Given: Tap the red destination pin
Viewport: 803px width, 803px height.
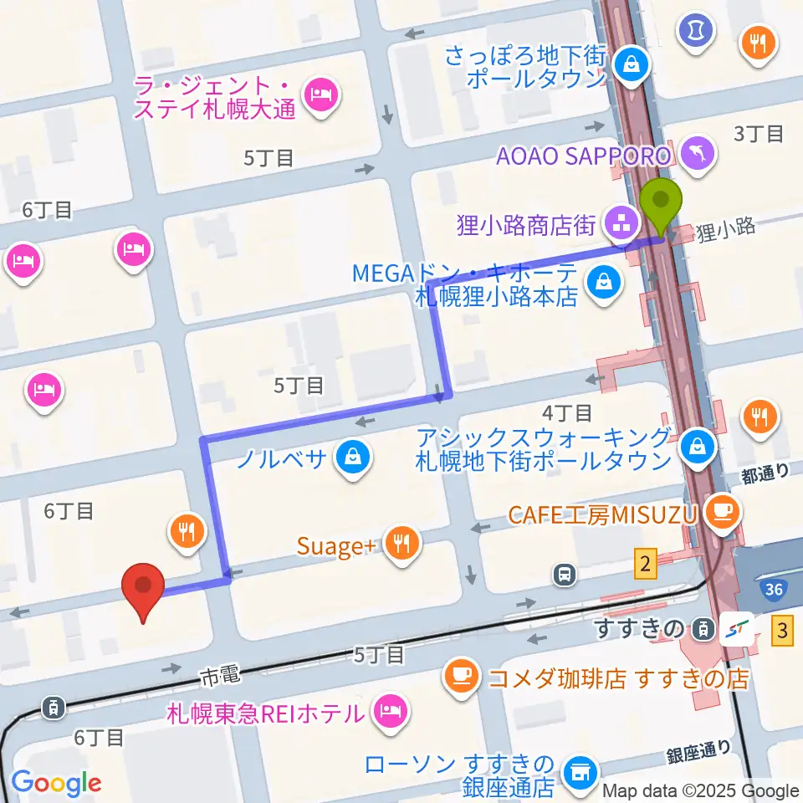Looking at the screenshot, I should (x=143, y=589).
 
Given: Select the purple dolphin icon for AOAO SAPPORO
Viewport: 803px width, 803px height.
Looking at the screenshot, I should (x=696, y=153).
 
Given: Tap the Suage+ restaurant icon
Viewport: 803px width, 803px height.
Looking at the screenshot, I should (x=402, y=545).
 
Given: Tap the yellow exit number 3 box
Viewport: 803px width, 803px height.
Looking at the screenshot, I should (x=782, y=630).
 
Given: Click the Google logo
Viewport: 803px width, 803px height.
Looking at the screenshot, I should (x=56, y=783).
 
